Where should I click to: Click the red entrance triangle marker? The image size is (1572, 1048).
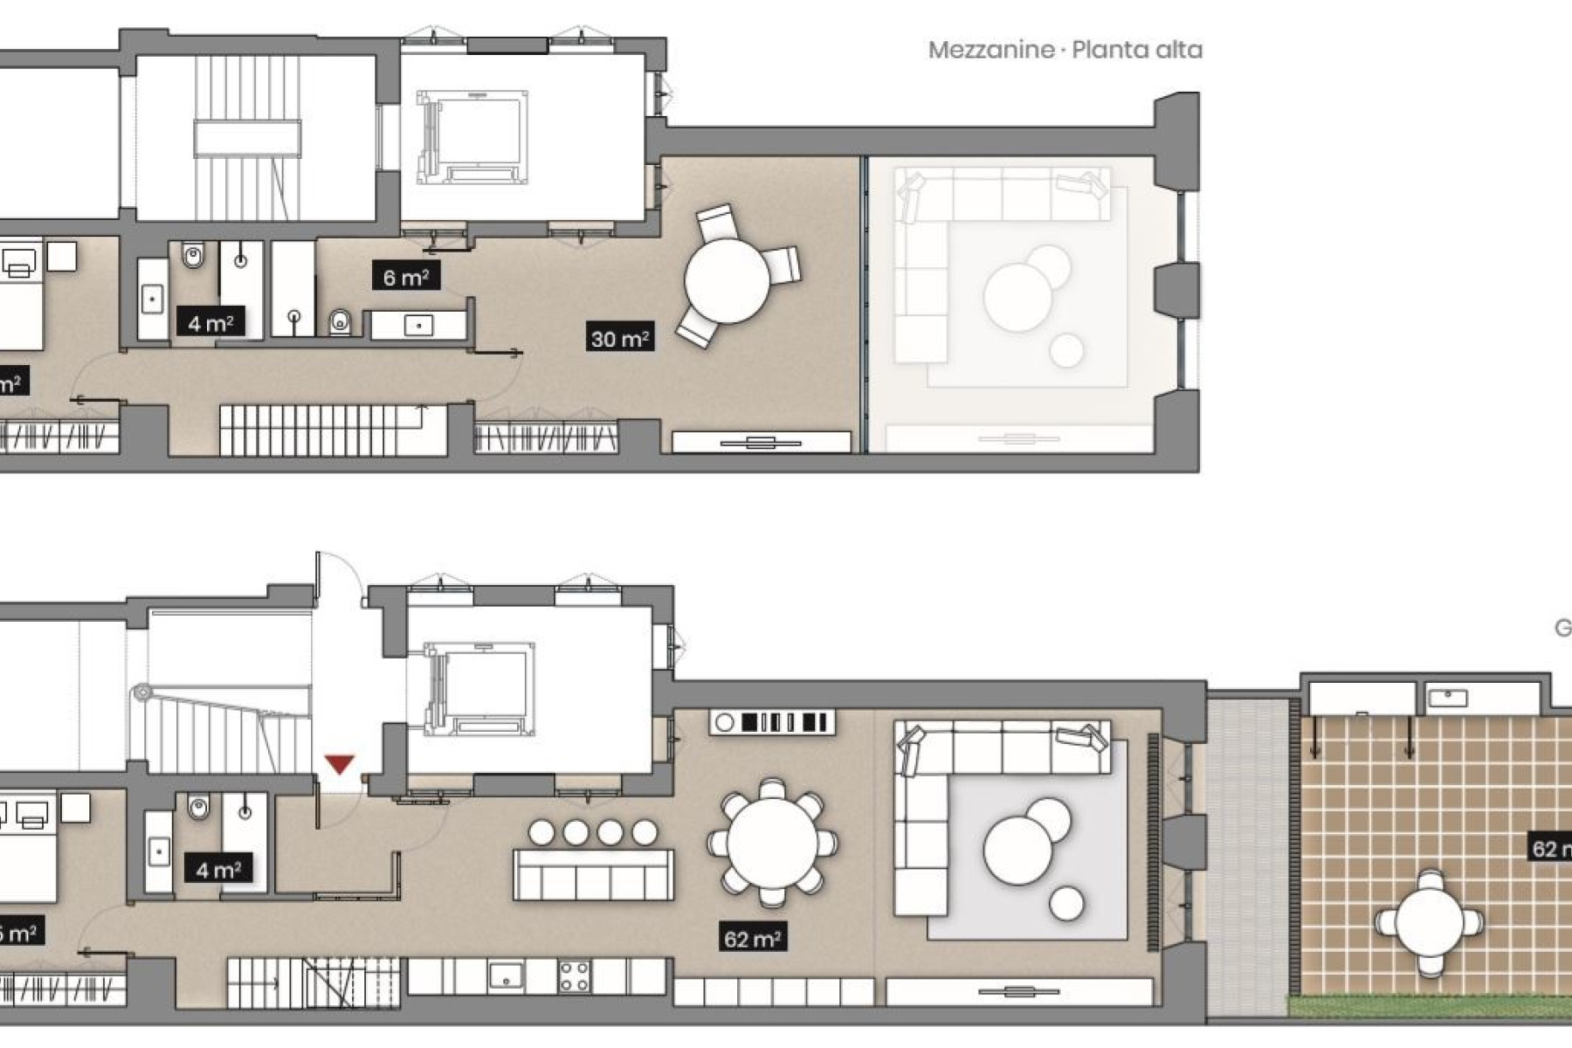click(340, 765)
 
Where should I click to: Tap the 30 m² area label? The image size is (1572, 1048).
click(620, 337)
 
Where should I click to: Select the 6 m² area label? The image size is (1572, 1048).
click(405, 277)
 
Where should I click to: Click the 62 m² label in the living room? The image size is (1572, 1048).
click(752, 939)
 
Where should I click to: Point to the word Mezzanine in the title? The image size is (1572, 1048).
click(990, 50)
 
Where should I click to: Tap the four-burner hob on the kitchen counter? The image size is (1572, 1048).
click(574, 976)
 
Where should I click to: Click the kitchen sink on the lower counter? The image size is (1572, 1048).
click(505, 975)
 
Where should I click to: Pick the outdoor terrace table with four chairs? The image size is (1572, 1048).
click(1430, 922)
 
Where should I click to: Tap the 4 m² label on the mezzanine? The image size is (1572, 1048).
click(210, 322)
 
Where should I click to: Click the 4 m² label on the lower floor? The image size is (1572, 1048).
click(217, 869)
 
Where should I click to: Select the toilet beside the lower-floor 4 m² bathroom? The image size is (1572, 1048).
click(198, 808)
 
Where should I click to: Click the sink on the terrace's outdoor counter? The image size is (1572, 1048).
click(1447, 698)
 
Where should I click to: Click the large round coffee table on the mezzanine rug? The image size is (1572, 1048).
click(1017, 297)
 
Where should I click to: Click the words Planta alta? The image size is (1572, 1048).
click(1136, 50)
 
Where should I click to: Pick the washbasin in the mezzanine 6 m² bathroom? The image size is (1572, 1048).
click(419, 326)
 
